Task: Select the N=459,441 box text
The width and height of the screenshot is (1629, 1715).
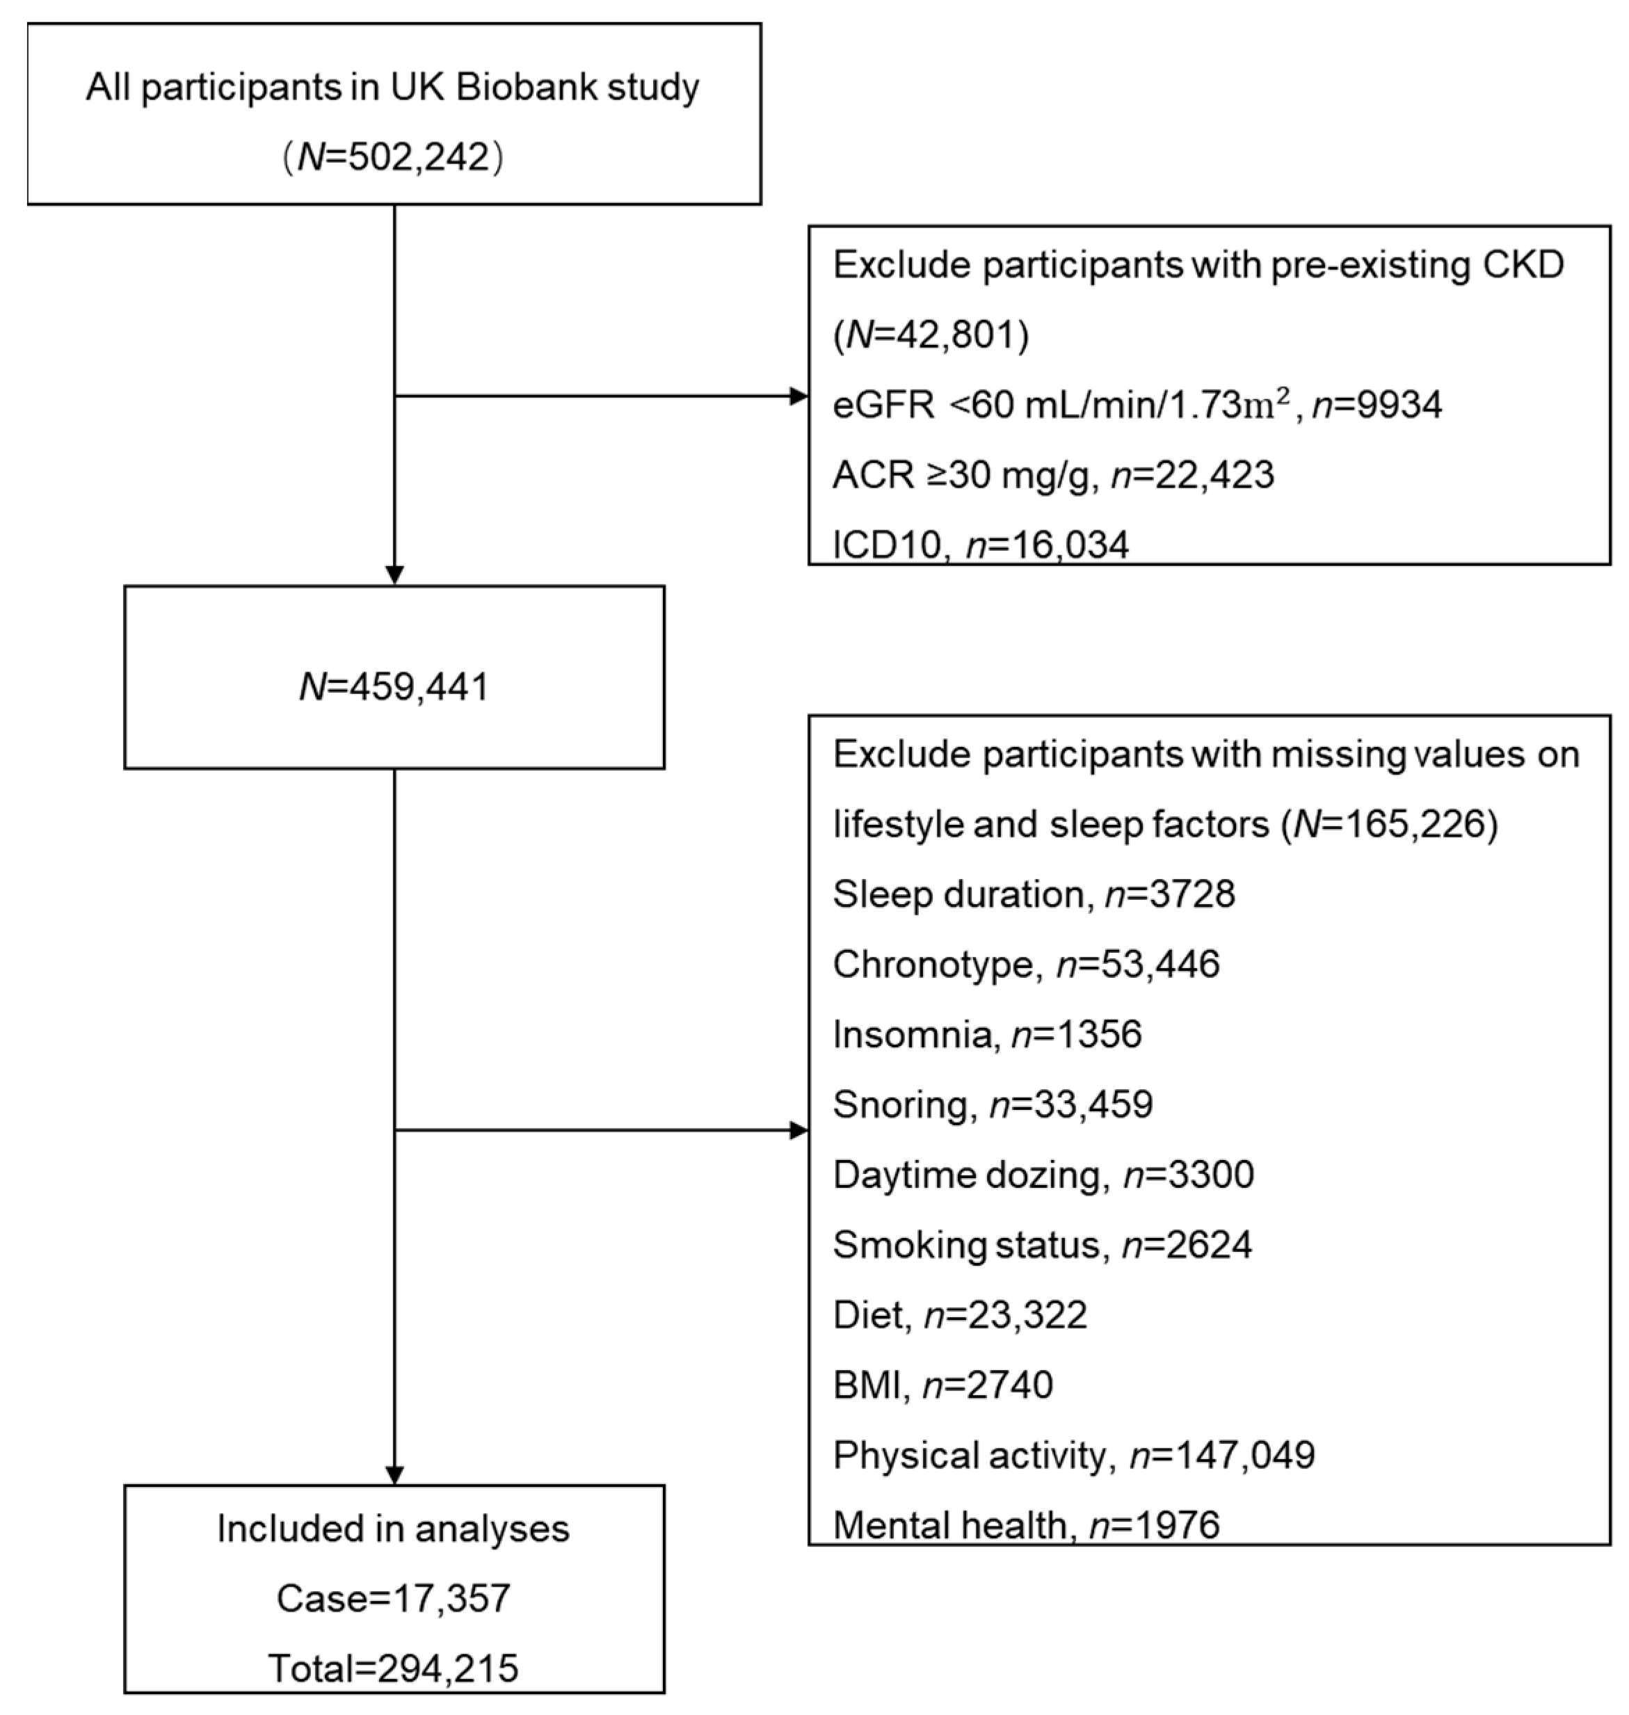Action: (x=394, y=687)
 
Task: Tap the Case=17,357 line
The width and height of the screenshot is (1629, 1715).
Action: (x=394, y=1597)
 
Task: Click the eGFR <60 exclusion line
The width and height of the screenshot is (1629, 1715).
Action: (x=1137, y=405)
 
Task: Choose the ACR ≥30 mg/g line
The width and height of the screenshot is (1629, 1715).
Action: (x=1052, y=475)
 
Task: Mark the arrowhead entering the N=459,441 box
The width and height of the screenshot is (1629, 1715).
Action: (x=394, y=575)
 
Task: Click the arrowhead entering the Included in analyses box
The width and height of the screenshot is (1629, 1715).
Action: (x=394, y=1475)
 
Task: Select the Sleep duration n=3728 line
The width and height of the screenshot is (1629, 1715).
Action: (x=1034, y=894)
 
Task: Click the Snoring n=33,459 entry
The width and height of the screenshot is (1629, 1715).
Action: (x=992, y=1104)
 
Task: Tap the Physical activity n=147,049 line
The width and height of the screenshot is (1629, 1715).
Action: (x=1073, y=1454)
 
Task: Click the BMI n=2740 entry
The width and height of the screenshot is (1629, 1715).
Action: (x=942, y=1384)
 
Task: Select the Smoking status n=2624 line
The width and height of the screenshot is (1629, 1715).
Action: (x=1042, y=1244)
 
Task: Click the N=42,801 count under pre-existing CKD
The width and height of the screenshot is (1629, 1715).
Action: (x=931, y=335)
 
